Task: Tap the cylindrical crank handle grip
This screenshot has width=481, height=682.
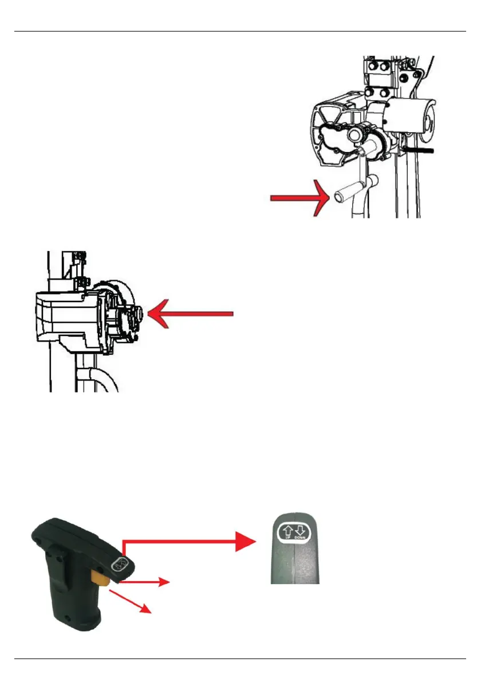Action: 344,191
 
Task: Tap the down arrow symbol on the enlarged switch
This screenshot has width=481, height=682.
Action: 300,532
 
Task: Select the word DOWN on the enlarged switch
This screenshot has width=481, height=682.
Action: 300,540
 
